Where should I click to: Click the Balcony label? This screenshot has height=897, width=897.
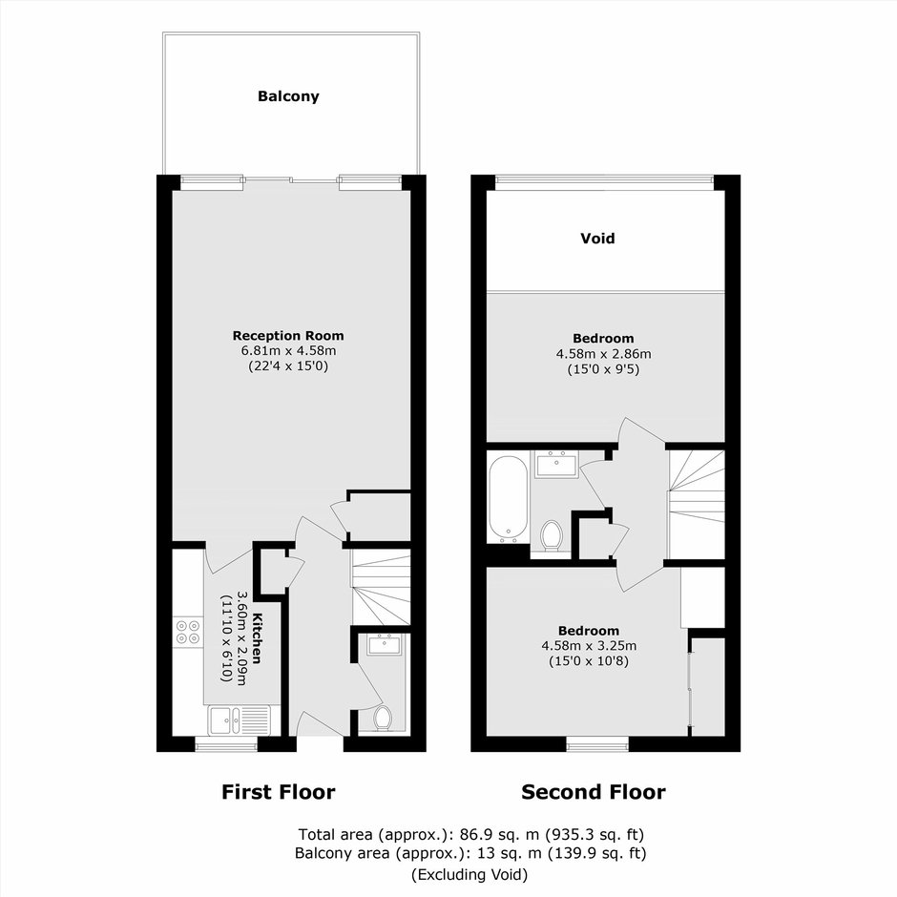(x=288, y=96)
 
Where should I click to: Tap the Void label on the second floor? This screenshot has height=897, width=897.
(x=597, y=238)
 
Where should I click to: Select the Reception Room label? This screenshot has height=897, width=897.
(x=288, y=336)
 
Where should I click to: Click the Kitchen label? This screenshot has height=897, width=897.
(x=257, y=638)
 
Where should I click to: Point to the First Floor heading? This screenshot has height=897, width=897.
(x=278, y=792)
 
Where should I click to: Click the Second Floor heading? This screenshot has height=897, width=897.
(x=594, y=792)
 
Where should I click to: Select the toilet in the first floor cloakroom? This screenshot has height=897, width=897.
(x=382, y=718)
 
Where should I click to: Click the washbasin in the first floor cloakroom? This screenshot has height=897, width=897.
(x=385, y=645)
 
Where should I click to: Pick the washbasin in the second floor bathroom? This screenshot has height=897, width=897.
(x=556, y=464)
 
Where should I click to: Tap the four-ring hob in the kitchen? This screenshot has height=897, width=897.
(x=188, y=632)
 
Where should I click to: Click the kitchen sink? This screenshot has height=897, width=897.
(x=239, y=720)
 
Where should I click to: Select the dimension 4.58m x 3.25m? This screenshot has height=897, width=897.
(x=589, y=646)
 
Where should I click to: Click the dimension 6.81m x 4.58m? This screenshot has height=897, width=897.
(x=288, y=350)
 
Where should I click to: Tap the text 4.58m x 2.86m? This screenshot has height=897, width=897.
(x=603, y=354)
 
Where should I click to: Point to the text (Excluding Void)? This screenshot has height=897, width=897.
(x=469, y=875)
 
